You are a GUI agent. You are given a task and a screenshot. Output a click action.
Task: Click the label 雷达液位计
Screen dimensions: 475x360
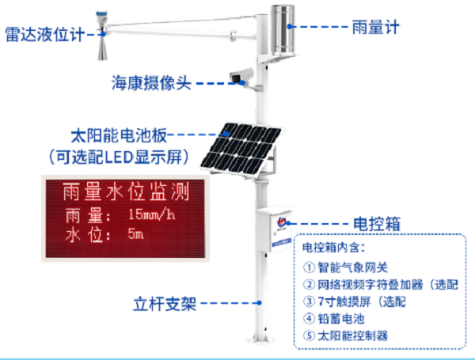coord(45,34)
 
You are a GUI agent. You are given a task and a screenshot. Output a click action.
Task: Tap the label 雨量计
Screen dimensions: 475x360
coord(375,27)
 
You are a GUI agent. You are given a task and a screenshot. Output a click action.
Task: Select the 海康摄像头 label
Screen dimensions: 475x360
coord(151,82)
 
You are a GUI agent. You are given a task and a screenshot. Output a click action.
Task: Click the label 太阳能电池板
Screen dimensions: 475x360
coord(119,135)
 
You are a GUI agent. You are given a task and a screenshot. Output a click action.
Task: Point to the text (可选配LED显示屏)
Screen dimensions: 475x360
coord(119,157)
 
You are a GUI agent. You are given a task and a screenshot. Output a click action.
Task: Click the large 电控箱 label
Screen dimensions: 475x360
coord(377,224)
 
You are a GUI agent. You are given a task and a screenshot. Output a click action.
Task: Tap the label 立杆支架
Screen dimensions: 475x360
coord(165,304)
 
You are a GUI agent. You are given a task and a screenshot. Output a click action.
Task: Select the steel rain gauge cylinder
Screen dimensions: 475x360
coord(283,30)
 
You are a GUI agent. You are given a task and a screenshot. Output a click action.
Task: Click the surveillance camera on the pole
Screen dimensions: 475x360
coord(241,77)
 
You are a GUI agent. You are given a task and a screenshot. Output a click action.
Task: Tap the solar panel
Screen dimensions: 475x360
coord(241,149)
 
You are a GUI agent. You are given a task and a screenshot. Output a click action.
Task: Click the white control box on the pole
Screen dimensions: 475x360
coord(274,229)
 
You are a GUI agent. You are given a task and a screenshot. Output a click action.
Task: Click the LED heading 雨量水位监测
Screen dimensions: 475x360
coord(126,191)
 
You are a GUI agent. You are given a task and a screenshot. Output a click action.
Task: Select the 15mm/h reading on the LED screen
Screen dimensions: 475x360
coord(152,214)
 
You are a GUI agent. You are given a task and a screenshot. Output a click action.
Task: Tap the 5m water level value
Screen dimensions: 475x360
coord(135,233)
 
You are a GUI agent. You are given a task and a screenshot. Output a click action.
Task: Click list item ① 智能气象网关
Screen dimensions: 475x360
coord(345,267)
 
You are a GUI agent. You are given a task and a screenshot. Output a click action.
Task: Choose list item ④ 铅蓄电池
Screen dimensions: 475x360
coord(334,319)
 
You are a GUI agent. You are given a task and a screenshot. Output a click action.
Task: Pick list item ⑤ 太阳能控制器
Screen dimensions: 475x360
coord(345,335)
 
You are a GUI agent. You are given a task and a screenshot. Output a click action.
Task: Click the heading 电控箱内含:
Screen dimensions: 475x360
coord(333,248)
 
